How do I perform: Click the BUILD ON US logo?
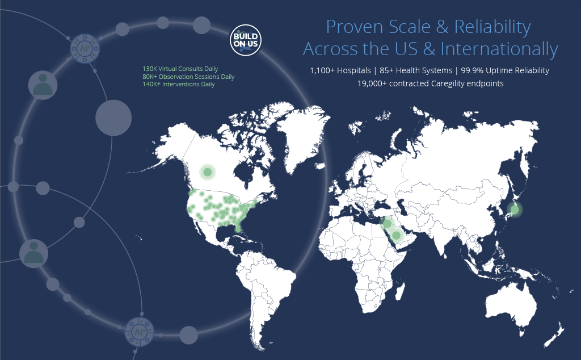245,40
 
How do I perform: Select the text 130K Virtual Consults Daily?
180,69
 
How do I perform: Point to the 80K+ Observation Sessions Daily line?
188,77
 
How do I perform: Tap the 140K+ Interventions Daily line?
178,84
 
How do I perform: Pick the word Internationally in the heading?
499,49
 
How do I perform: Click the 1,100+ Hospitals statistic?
340,70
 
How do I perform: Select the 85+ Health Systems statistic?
416,70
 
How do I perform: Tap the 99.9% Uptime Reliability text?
504,70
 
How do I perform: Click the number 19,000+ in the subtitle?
372,83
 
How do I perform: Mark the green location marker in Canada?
208,172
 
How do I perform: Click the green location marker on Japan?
514,210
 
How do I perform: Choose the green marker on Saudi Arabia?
396,235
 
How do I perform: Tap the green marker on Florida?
238,230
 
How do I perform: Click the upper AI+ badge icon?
85,49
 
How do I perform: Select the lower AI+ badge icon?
139,332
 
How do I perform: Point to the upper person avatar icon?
43,85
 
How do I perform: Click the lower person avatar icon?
33,254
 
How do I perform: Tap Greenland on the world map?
302,137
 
